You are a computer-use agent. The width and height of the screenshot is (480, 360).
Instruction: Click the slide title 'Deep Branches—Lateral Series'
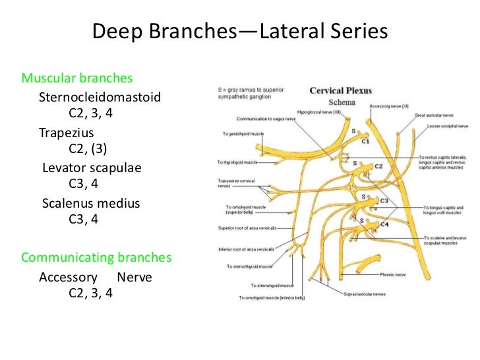point(239,32)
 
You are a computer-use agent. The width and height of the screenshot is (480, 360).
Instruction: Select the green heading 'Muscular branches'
point(77,78)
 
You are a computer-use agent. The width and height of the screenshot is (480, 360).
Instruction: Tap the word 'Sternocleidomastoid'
point(100,97)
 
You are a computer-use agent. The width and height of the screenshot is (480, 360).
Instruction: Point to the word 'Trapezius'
point(66,132)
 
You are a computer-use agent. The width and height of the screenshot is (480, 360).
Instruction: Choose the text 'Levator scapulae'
point(92,167)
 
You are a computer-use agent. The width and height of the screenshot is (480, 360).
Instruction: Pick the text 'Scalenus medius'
point(91,203)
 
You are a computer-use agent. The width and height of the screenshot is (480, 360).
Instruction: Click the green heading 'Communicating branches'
point(96,256)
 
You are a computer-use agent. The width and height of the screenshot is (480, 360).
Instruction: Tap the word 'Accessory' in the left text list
point(68,277)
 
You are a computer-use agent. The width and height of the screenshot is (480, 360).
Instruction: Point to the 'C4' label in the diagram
point(384,225)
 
